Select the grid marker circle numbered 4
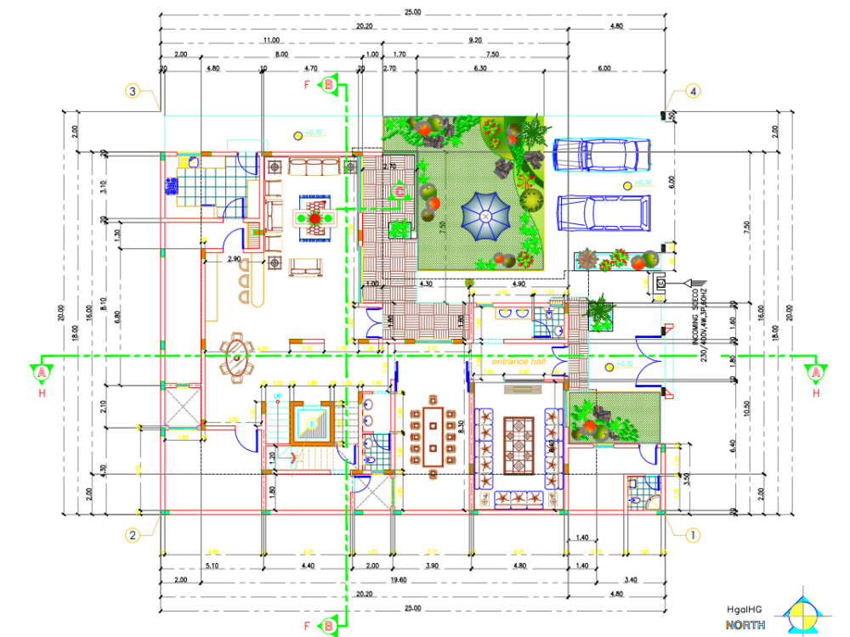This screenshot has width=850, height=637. click(x=694, y=91)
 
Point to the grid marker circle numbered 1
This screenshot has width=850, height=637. click(x=694, y=535)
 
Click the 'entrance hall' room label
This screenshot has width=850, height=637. click(x=517, y=362)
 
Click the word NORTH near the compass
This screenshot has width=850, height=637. click(x=745, y=625)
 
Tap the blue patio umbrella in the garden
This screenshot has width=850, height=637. click(x=485, y=217)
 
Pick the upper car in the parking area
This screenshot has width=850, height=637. click(x=602, y=155)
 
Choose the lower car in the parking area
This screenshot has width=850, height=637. click(x=603, y=212)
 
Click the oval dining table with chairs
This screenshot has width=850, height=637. click(x=236, y=358)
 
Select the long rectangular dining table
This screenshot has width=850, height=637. click(x=433, y=436)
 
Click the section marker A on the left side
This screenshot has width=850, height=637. click(x=40, y=372)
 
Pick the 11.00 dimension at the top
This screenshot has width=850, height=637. click(x=271, y=40)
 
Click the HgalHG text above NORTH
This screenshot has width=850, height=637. click(x=745, y=610)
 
